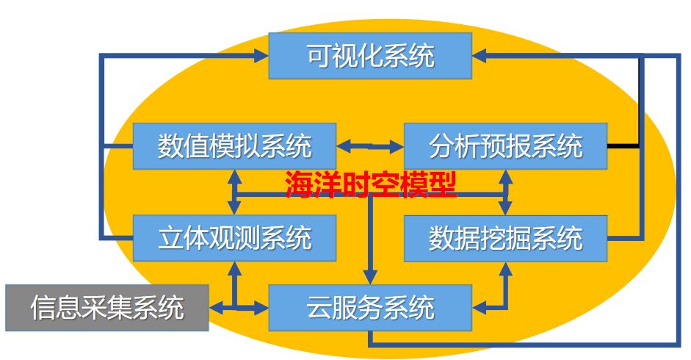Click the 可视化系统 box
pos(370,56)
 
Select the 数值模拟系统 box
pos(234,146)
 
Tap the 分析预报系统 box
pos(506,146)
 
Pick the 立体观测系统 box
pos(234,238)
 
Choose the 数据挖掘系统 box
pos(506,238)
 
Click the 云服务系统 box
pos(370,306)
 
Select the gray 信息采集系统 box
pos(106,306)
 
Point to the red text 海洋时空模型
pos(370,185)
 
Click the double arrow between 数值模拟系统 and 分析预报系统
pos(370,147)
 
